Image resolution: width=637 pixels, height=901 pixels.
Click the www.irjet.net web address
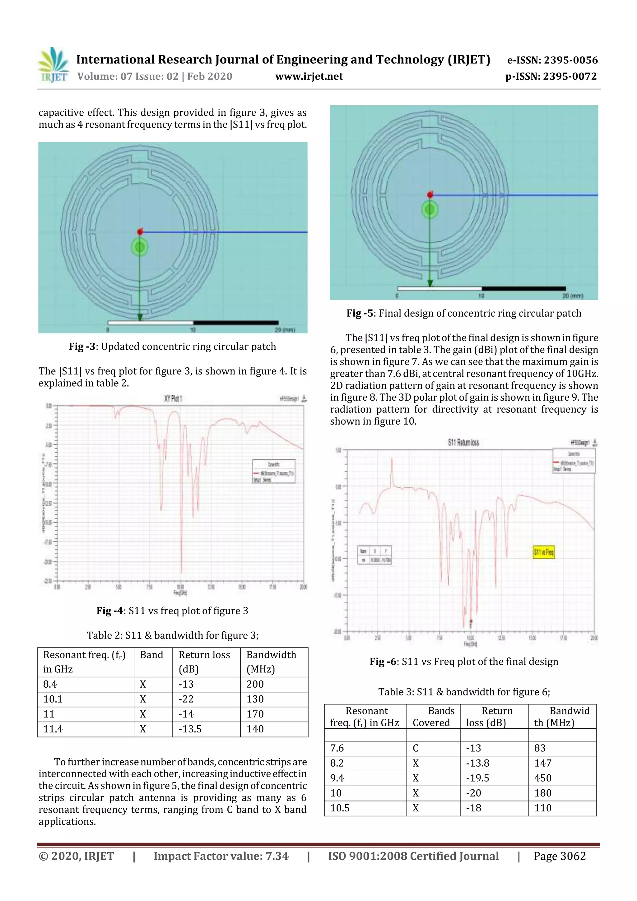pyautogui.click(x=309, y=77)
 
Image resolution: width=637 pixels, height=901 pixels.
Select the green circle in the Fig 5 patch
pyautogui.click(x=430, y=210)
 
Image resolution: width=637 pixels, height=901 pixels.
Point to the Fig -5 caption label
pyautogui.click(x=360, y=313)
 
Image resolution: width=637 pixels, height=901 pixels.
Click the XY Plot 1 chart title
pyautogui.click(x=173, y=399)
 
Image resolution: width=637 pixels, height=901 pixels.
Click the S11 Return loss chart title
pyautogui.click(x=463, y=443)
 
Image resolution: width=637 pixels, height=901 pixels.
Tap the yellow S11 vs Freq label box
pyautogui.click(x=544, y=552)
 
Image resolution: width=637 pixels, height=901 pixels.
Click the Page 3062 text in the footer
pyautogui.click(x=559, y=856)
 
